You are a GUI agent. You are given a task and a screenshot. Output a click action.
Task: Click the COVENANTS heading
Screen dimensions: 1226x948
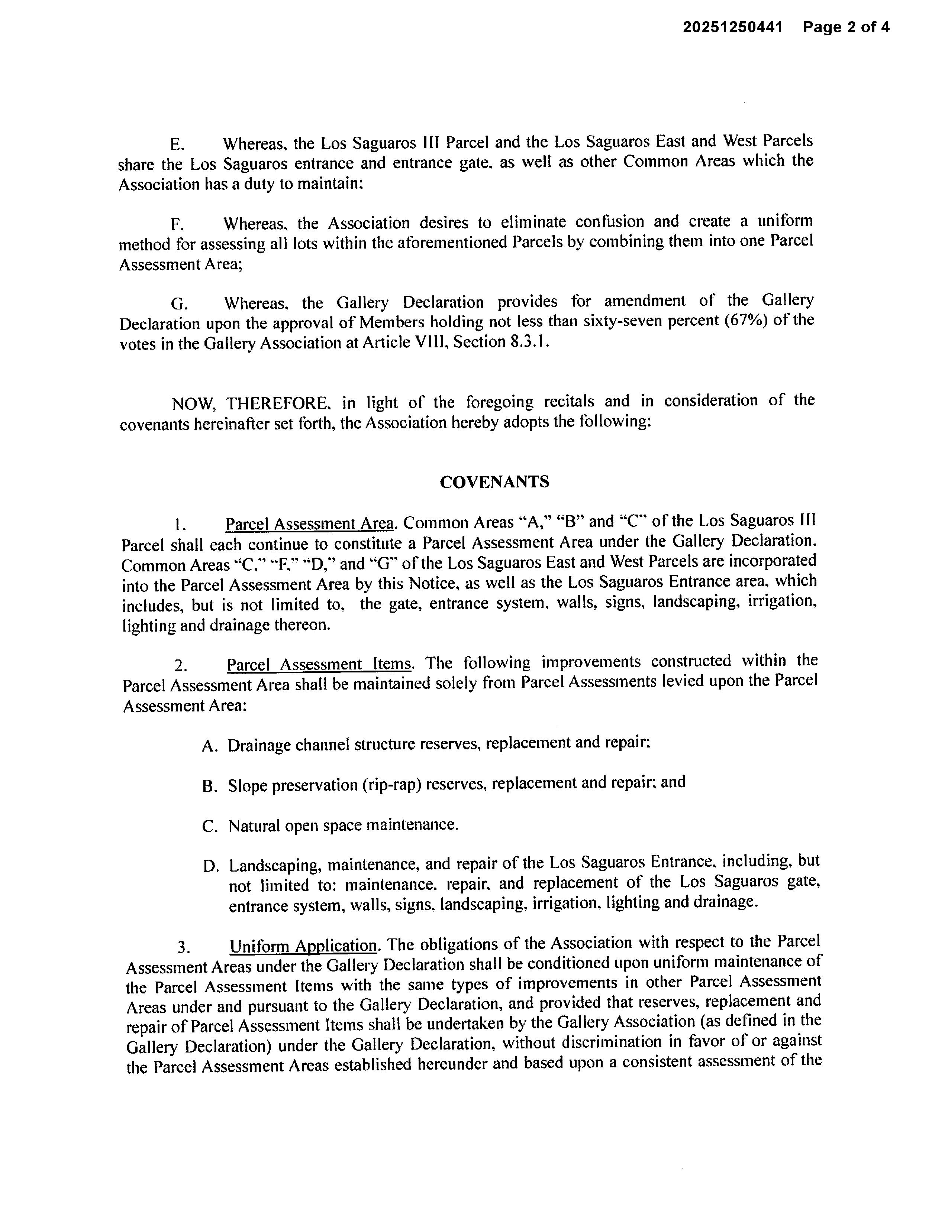pyautogui.click(x=494, y=481)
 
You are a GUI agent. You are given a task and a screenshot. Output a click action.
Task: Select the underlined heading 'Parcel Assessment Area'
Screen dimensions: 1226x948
pyautogui.click(x=309, y=524)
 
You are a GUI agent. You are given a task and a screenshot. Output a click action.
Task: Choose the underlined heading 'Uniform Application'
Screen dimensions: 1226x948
pyautogui.click(x=303, y=946)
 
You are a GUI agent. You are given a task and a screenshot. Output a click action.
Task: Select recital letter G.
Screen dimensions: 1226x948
pyautogui.click(x=179, y=304)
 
